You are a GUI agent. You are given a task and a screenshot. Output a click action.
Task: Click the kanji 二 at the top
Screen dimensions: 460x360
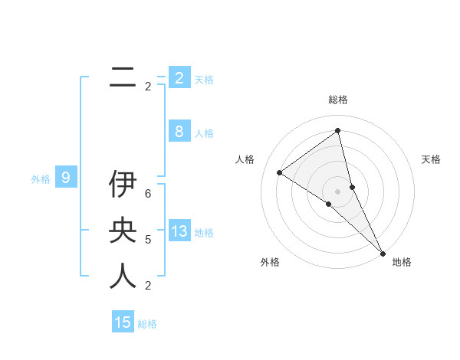click(x=123, y=77)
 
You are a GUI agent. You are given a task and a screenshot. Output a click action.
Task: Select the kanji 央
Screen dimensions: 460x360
click(x=123, y=231)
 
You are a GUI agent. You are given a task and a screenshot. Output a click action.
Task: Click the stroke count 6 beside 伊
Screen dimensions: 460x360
click(x=148, y=194)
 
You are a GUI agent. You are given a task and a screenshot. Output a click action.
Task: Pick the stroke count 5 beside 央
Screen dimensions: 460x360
click(x=148, y=240)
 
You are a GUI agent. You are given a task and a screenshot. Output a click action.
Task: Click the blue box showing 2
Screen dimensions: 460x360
click(x=179, y=77)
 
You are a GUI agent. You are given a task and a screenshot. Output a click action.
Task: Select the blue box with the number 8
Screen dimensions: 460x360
click(x=179, y=131)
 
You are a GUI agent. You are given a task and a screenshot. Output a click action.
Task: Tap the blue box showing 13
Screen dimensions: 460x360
click(x=179, y=231)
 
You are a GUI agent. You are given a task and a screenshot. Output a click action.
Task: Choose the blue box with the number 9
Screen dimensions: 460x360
click(x=66, y=178)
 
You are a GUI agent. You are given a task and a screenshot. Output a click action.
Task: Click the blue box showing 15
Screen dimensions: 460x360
click(x=123, y=322)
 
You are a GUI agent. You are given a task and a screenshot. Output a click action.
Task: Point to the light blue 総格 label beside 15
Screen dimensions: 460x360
click(x=147, y=324)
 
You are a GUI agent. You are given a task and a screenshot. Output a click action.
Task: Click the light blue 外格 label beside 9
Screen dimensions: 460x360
click(x=41, y=179)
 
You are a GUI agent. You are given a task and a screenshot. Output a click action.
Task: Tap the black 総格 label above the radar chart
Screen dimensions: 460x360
click(x=338, y=100)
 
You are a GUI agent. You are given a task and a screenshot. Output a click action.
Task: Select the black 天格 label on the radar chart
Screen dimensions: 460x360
click(x=432, y=159)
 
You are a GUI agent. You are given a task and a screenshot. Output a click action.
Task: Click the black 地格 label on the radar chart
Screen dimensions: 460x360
click(x=402, y=262)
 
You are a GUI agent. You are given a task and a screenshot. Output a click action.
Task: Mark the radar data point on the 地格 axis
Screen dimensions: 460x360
click(x=382, y=252)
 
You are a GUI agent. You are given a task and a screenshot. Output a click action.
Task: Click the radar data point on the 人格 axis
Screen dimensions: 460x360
click(x=279, y=172)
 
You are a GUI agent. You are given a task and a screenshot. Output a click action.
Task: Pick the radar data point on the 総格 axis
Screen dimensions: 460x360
click(x=338, y=130)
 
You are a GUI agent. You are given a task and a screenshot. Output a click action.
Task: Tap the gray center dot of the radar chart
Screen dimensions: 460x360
click(x=338, y=191)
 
